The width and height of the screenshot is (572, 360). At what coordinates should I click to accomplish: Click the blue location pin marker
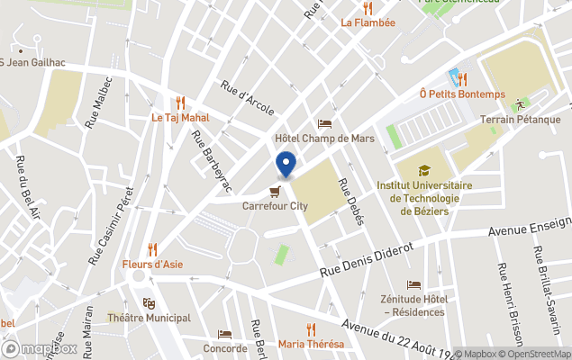pyautogui.click(x=286, y=165)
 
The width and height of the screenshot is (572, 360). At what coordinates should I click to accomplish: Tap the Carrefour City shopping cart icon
pyautogui.click(x=272, y=190)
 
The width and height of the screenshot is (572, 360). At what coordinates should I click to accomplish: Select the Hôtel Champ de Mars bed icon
pyautogui.click(x=324, y=123)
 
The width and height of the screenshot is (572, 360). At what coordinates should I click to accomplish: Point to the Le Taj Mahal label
pyautogui.click(x=180, y=117)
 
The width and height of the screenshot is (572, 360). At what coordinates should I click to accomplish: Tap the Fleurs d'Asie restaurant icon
pyautogui.click(x=152, y=248)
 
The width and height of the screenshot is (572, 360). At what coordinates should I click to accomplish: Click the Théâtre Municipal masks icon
pyautogui.click(x=149, y=302)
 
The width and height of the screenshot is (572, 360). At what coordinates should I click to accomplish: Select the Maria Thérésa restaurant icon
pyautogui.click(x=311, y=328)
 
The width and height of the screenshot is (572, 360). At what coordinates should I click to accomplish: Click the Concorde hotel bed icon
pyautogui.click(x=224, y=333)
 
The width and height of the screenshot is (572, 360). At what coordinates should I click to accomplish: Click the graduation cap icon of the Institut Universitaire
pyautogui.click(x=424, y=169)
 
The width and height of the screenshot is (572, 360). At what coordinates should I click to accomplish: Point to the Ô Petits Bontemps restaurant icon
pyautogui.click(x=461, y=79)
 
